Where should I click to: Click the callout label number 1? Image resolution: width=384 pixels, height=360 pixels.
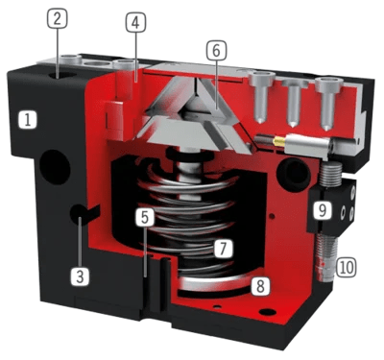tap(28, 121)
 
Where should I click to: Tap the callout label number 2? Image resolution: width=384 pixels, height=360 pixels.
tap(57, 19)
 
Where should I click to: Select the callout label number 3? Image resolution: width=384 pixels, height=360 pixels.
tap(80, 276)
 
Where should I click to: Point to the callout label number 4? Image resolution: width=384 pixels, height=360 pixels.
tap(136, 23)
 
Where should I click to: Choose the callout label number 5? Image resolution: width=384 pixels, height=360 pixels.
tap(145, 217)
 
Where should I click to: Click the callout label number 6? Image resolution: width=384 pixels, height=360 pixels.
tap(216, 51)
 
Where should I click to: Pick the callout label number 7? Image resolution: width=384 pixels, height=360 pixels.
tap(223, 248)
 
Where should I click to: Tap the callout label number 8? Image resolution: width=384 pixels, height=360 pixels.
tap(260, 285)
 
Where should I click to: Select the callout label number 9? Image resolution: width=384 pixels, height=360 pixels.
tap(322, 209)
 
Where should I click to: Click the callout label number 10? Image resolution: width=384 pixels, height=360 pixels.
tap(345, 267)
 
